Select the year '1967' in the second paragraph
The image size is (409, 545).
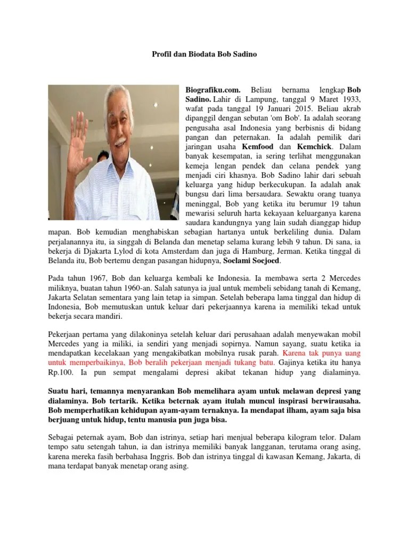[x=94, y=279]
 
